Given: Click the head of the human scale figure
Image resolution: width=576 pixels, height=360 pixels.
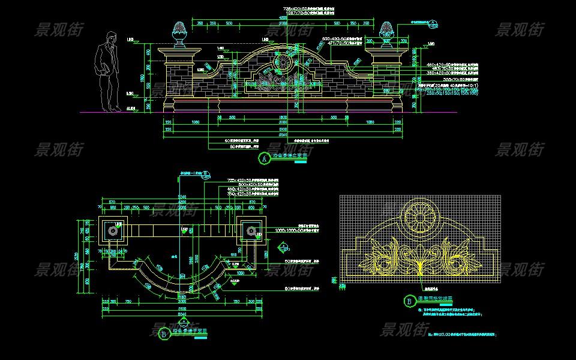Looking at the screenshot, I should coord(108,38).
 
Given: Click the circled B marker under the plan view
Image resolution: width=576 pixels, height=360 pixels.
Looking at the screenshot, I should coord(163,335).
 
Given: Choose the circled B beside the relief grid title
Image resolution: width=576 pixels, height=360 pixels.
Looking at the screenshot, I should coord(409,301).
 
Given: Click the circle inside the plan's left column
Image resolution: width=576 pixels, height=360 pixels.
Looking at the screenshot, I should coord(112,231).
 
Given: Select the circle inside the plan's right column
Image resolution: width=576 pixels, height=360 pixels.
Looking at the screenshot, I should coord(250,231).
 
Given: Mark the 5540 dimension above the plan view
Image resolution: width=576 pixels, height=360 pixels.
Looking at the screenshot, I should coord(181,197).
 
